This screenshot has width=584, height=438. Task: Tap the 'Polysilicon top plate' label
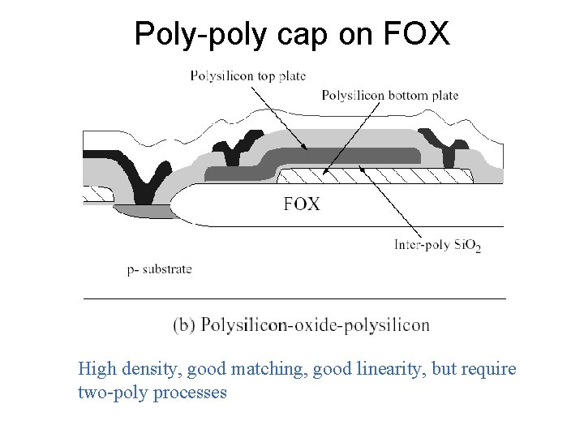pos(247,76)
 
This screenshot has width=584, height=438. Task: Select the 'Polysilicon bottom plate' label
pos(390,96)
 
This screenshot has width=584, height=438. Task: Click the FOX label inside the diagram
pos(302,204)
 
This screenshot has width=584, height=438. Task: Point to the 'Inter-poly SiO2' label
pos(437,244)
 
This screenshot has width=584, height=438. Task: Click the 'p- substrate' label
pos(159,269)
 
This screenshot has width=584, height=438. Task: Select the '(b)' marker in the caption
pos(184,325)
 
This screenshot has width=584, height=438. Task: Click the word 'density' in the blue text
pos(152,371)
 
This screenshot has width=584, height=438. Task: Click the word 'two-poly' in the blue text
pos(107,393)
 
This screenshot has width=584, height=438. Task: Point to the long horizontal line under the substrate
pos(294,298)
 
